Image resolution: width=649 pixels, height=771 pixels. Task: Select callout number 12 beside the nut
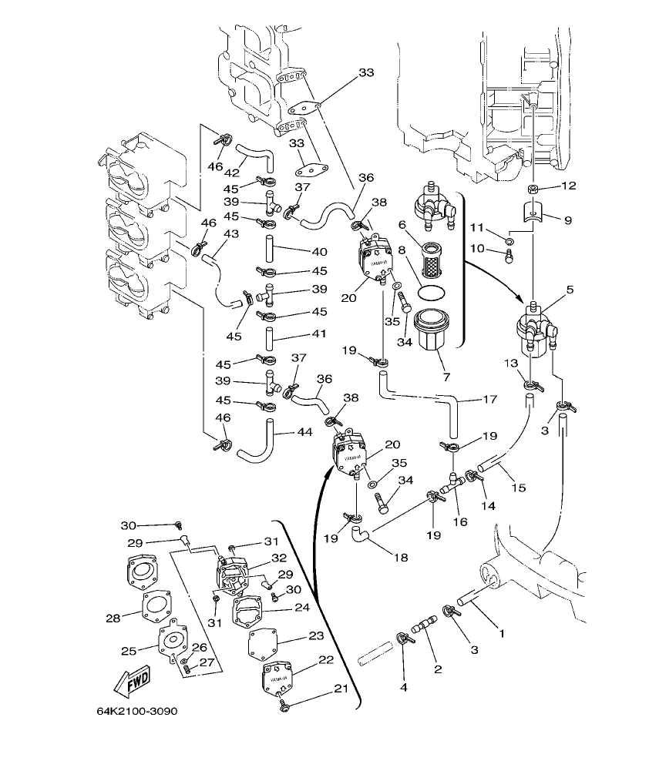[x=568, y=186]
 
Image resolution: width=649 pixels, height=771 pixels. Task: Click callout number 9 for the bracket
[x=567, y=220]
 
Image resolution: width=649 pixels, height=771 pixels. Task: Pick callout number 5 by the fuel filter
[x=570, y=290]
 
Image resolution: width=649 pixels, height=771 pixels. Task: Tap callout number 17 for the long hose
[x=489, y=400]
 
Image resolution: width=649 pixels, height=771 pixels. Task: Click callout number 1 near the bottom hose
[x=501, y=634]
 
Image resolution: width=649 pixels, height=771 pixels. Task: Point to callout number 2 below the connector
[x=438, y=669]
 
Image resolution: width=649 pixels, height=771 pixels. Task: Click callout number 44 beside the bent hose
[x=304, y=432]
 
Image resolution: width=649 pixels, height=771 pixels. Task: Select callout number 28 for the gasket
[x=113, y=618]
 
